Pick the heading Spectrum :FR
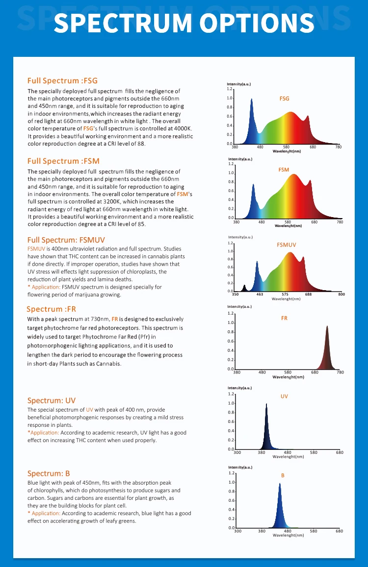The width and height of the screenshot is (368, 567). pos(51,309)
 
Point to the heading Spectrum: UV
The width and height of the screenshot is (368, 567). pos(52,400)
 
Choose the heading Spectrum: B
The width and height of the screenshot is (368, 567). pos(49,473)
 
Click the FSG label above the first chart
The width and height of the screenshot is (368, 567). pos(284,99)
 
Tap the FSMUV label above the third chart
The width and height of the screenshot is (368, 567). pos(287,245)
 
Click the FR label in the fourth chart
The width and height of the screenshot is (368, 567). pos(284,318)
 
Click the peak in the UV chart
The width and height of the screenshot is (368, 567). pos(266,405)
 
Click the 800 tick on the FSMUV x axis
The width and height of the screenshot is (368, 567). pos(341,295)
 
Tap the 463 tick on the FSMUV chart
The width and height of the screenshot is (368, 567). pos(260,295)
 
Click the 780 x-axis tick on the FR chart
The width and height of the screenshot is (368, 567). pos(340,372)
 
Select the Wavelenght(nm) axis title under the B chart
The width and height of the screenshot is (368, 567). pos(288,535)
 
